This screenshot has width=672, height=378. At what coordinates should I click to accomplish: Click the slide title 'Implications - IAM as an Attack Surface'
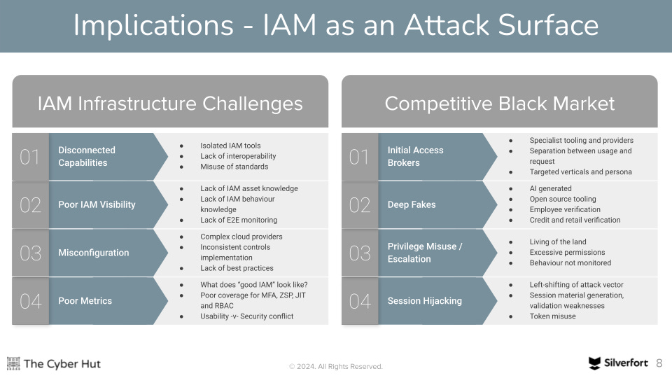click(x=335, y=26)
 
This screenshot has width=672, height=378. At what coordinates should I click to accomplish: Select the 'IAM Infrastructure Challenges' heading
click(x=170, y=104)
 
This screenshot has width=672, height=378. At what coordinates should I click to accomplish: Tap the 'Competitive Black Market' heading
click(x=499, y=104)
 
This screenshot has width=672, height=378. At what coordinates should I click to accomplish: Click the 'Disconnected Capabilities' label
click(x=87, y=156)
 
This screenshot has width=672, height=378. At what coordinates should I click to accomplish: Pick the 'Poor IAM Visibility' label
click(x=97, y=204)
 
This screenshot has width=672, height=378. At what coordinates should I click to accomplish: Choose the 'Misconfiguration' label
click(x=93, y=253)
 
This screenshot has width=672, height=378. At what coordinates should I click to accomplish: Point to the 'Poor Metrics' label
click(x=85, y=300)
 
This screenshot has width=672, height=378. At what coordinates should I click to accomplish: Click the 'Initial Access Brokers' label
click(x=415, y=156)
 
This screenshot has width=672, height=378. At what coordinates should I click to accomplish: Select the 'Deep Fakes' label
click(x=412, y=204)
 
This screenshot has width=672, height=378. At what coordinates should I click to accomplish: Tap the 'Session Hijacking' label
click(x=424, y=300)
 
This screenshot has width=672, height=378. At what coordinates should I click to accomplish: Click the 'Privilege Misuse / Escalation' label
click(x=425, y=253)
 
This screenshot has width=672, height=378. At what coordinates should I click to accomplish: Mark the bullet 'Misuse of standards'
click(x=234, y=167)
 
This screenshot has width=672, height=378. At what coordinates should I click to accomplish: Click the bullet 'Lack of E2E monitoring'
click(x=239, y=220)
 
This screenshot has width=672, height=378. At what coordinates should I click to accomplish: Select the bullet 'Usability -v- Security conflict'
click(x=246, y=316)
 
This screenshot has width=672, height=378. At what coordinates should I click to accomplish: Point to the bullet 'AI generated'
click(x=550, y=188)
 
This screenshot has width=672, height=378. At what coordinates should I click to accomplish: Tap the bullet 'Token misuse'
click(x=552, y=316)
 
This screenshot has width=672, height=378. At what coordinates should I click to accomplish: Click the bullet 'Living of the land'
click(x=558, y=241)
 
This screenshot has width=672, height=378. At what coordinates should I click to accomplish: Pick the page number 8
click(x=659, y=363)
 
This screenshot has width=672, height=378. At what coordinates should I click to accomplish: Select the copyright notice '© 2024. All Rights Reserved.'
click(x=336, y=366)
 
